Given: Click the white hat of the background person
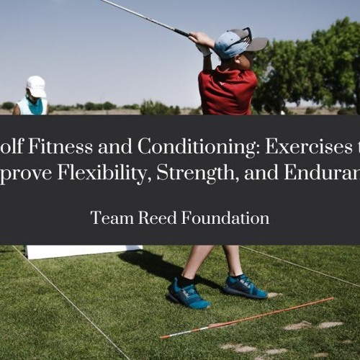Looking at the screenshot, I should pyautogui.click(x=35, y=86).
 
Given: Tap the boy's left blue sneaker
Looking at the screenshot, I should pyautogui.click(x=188, y=293).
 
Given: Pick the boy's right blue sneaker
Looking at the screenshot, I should pyautogui.click(x=246, y=286).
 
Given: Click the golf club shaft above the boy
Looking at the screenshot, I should pyautogui.click(x=144, y=16).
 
